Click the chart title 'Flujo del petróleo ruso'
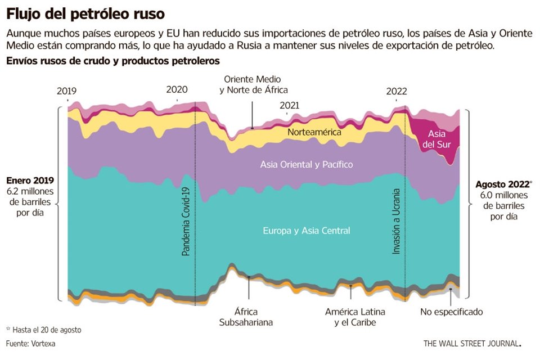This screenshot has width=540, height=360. point(85,12)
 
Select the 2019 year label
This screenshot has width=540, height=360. point(67,91)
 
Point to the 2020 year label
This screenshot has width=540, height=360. point(177,89)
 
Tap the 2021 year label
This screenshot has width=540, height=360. point(289,105)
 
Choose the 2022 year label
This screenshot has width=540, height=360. point(397,91)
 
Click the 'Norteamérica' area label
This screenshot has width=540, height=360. point(315,132)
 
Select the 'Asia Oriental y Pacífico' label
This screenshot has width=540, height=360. point(307,164)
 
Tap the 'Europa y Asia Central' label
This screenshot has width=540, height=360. point(307,231)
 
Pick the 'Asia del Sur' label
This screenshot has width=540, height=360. point(437,139)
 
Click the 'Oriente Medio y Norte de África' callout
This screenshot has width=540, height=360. point(253,84)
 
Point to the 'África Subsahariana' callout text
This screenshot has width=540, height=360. point(246,317)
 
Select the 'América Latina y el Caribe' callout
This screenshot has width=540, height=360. point(355,317)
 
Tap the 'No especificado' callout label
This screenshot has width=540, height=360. point(451,312)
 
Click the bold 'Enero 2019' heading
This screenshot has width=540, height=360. point(30,181)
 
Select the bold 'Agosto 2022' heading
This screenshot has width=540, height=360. point(502,184)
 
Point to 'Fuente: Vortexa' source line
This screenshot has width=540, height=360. point(30,343)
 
